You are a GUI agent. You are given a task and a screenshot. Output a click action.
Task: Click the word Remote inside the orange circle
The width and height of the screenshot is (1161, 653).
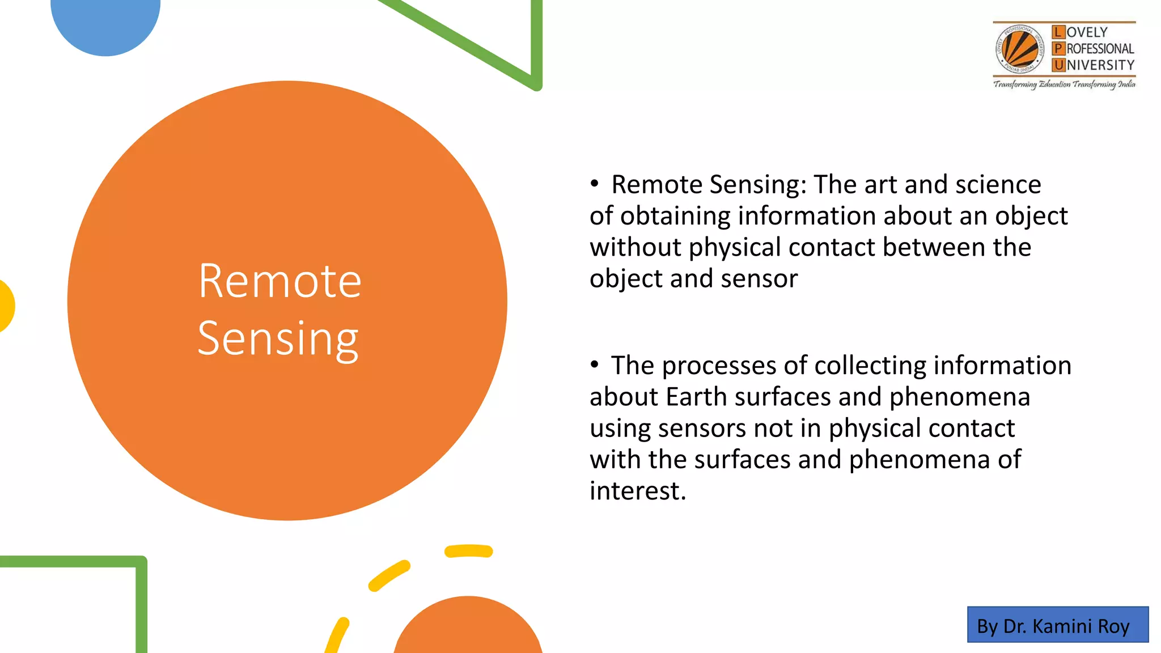point(279,281)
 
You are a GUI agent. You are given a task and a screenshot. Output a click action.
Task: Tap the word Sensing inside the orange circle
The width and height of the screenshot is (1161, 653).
point(278,339)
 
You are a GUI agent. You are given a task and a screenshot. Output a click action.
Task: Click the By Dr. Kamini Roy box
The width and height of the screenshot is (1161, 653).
point(1058,625)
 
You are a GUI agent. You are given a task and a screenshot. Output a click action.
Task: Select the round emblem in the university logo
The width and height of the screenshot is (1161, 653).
point(1020,50)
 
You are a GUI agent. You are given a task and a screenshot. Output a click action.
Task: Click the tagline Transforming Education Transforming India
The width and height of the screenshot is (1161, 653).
point(1064,84)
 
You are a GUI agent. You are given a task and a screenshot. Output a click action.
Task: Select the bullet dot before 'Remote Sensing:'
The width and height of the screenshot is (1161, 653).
point(594,184)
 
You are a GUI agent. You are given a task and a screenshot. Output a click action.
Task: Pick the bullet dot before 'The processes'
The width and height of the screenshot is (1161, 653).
point(594,364)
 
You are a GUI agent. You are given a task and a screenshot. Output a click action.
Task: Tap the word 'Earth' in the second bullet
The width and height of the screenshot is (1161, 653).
point(696,397)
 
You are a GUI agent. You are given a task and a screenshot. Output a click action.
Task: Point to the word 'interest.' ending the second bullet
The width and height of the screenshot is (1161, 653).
point(638,491)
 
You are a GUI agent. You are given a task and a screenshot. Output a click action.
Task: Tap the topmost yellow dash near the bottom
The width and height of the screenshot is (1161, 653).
point(468,551)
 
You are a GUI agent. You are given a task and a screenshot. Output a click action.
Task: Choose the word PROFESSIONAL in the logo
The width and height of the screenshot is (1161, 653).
point(1100,49)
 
